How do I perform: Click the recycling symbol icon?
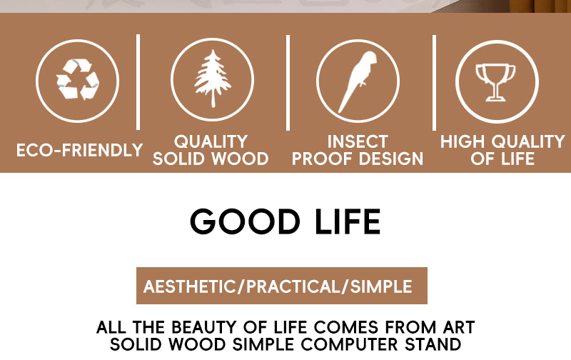[78, 80]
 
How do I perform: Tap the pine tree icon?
[213, 79]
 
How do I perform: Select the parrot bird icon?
[358, 81]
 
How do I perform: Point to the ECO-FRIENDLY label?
[79, 150]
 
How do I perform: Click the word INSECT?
[358, 141]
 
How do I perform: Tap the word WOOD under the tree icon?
[240, 159]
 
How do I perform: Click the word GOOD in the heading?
[245, 221]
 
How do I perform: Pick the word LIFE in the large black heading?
[348, 221]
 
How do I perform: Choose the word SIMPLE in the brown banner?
[381, 286]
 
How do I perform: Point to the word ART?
[459, 327]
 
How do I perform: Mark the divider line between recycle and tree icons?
[138, 82]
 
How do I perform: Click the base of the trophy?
[495, 98]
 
